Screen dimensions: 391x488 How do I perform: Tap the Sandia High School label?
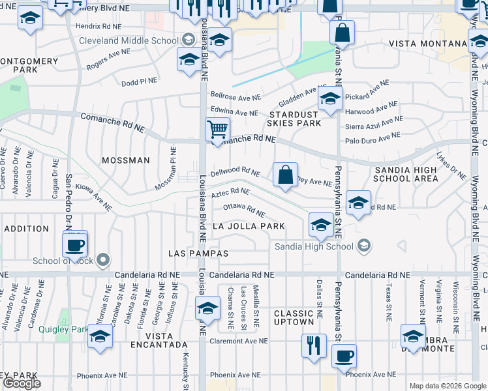coord(315,246)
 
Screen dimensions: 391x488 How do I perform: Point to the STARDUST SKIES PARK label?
coord(294,123)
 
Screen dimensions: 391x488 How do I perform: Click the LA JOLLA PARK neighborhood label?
coord(249,226)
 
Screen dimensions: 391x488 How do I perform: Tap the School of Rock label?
coord(64,261)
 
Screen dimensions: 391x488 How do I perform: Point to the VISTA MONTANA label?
coord(427,44)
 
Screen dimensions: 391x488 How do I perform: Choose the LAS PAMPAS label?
coord(198,253)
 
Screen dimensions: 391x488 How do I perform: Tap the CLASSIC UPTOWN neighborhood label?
coord(294,318)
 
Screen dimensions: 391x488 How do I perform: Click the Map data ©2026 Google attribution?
coord(448,386)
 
